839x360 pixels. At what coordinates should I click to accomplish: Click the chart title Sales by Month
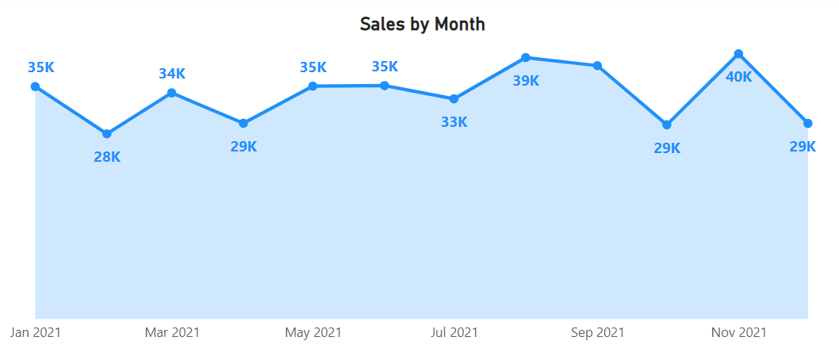tap(422, 24)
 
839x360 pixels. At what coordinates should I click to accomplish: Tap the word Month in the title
tap(459, 24)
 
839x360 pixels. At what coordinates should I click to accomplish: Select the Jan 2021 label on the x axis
tap(36, 332)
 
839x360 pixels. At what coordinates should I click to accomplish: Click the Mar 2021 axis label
tap(172, 332)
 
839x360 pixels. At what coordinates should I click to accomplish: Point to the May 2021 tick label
tap(313, 332)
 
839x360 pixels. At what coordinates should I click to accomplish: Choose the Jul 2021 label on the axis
tap(454, 332)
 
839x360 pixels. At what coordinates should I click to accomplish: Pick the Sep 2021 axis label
tap(597, 332)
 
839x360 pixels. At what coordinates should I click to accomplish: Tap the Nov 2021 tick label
tap(738, 332)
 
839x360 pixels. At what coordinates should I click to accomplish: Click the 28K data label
tap(107, 156)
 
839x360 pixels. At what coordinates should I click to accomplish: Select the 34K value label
tap(172, 74)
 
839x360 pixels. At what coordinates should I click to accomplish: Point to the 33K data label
tap(454, 122)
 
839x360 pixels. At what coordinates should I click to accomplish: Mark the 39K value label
tap(526, 80)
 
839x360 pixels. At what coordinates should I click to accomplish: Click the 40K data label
tap(739, 77)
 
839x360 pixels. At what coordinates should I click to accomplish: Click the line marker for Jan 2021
tap(36, 86)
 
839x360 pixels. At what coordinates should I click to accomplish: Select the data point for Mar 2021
tap(172, 93)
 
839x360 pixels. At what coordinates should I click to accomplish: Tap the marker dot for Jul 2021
tap(454, 99)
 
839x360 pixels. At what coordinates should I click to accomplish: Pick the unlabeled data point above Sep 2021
tap(597, 65)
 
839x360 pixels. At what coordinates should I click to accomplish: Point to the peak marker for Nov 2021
tap(738, 54)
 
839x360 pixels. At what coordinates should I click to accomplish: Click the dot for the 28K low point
tap(107, 133)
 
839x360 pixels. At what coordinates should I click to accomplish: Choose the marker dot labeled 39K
tap(526, 57)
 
